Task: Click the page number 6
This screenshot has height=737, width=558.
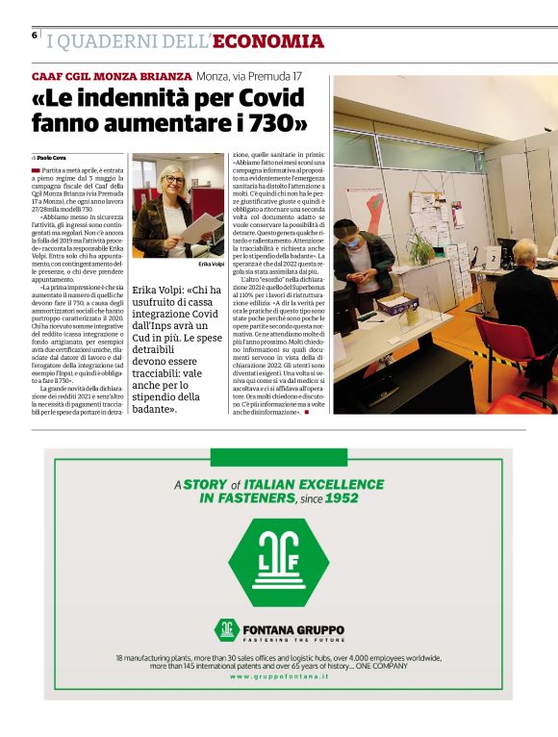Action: (34, 35)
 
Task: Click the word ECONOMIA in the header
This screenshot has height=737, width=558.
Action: (268, 41)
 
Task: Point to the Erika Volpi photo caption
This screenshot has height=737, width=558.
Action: (211, 263)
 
